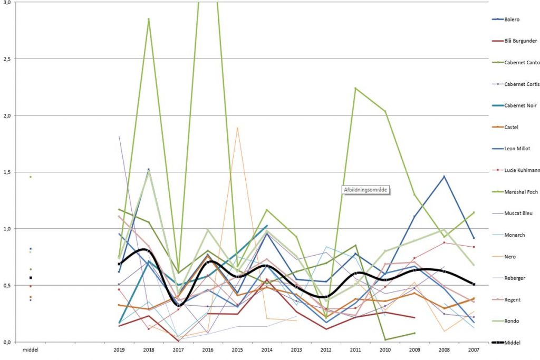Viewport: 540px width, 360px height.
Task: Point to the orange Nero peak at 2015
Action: pos(238,128)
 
